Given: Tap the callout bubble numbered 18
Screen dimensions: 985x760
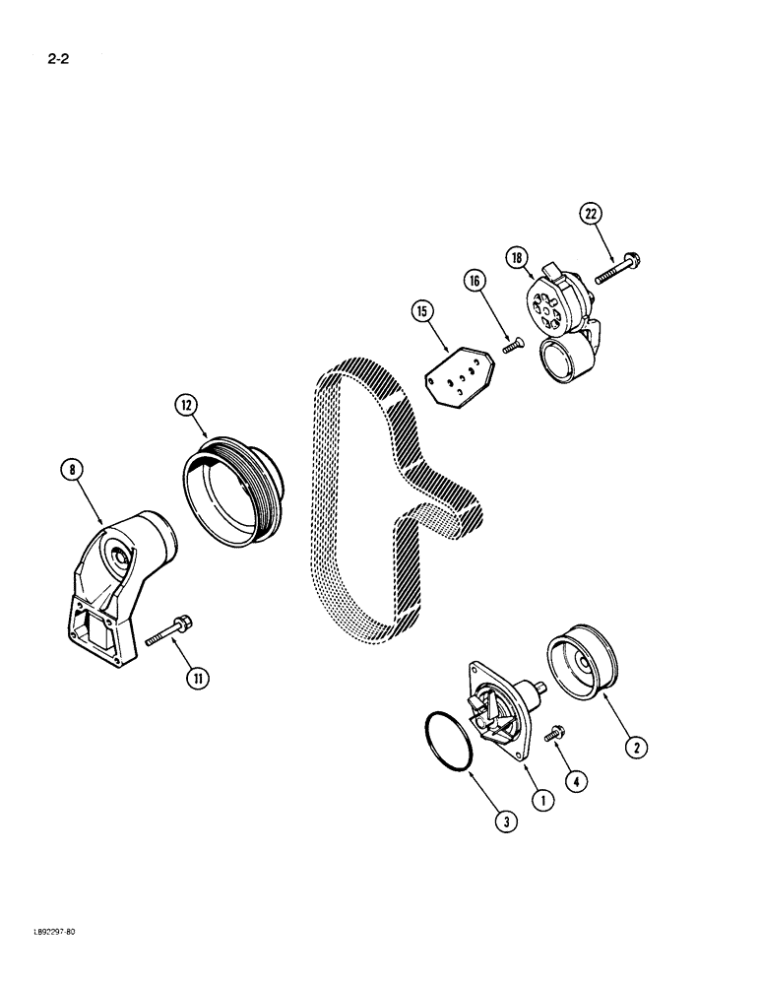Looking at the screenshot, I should pos(518,258).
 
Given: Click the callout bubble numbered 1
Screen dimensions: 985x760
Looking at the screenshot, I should pos(542,804).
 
